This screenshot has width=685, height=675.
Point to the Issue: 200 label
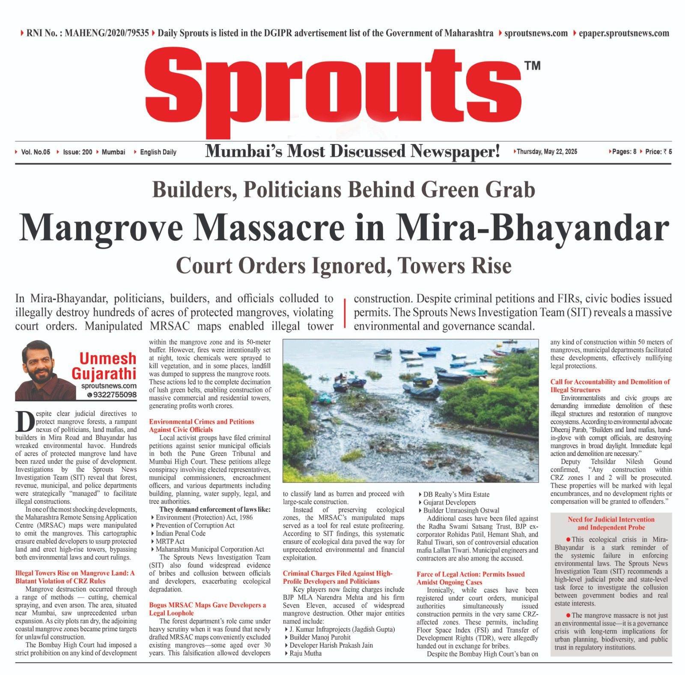(x=77, y=152)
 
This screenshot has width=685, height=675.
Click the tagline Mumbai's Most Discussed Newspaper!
(x=352, y=151)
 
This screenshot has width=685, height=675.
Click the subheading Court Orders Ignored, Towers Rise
(x=343, y=266)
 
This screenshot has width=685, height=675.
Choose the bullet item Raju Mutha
(x=305, y=653)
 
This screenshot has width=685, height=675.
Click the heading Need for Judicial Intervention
(x=611, y=519)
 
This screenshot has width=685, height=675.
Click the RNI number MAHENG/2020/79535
(x=107, y=33)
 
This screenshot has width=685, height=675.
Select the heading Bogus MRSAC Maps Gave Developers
(x=207, y=605)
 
